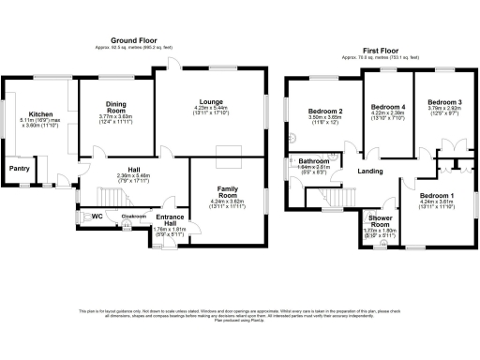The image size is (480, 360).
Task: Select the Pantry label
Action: pos(19,169)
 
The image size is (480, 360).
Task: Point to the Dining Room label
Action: pos(116,107)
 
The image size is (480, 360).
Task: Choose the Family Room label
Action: pos(228,191)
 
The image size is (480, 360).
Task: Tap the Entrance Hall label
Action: pos(171,219)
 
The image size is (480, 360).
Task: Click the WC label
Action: pos(97,216)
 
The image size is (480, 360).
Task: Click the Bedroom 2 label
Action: pos(325,112)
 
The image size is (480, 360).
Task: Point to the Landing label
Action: pos(369,171)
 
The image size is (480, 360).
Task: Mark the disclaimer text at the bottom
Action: pos(240,315)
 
